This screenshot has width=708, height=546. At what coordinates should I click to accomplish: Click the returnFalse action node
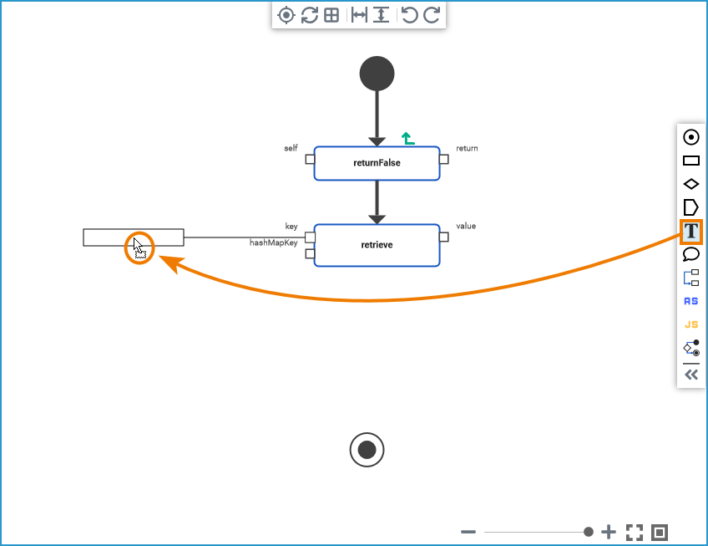click(377, 163)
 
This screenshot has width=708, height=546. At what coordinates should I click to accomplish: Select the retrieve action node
click(377, 245)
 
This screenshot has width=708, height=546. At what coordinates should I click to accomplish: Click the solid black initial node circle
click(377, 74)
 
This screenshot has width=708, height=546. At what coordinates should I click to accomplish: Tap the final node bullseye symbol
click(367, 450)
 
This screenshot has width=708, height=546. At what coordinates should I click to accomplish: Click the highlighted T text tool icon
click(690, 231)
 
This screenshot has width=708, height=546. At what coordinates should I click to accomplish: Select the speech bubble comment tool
click(690, 254)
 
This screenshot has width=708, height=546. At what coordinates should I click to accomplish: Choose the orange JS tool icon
click(690, 324)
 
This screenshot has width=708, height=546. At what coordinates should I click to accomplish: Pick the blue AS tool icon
click(690, 301)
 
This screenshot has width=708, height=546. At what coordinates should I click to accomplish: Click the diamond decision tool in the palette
click(690, 184)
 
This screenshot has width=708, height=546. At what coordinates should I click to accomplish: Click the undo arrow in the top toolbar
click(409, 15)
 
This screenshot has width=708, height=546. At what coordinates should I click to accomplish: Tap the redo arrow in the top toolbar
click(431, 15)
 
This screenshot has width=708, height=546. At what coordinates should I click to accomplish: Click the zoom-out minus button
click(468, 532)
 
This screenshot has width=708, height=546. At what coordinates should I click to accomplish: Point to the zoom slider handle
click(589, 532)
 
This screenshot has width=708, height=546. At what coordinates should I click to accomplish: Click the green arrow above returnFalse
click(407, 139)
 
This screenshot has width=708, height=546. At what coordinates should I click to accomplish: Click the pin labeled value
click(444, 237)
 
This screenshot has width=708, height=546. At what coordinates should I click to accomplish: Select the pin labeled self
click(310, 159)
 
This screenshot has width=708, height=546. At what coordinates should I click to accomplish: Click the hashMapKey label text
click(274, 243)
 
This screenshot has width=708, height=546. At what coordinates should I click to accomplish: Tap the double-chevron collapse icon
click(690, 375)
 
